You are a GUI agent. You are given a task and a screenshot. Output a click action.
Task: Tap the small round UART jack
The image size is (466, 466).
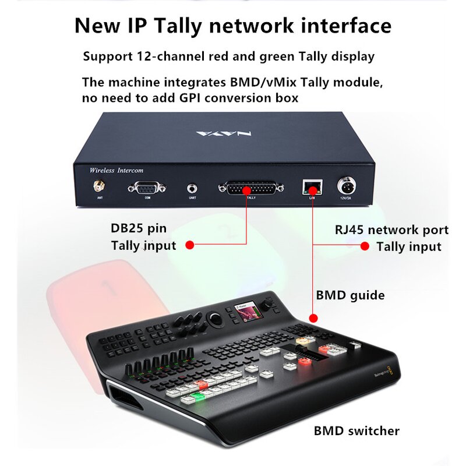pyautogui.click(x=192, y=189)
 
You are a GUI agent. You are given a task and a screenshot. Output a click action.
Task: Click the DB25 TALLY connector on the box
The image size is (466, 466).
pyautogui.click(x=250, y=189)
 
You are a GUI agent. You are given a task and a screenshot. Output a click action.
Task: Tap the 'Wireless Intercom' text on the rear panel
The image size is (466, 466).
pyautogui.click(x=116, y=170)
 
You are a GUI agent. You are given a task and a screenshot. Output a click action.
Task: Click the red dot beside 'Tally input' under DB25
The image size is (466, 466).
pyautogui.click(x=189, y=245)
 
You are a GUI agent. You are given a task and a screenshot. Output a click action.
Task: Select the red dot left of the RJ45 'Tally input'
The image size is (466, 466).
pyautogui.click(x=365, y=246)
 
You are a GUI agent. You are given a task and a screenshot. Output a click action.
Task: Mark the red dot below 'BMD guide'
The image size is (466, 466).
pyautogui.click(x=314, y=318)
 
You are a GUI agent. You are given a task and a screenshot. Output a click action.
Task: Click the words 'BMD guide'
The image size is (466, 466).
pyautogui.click(x=350, y=295)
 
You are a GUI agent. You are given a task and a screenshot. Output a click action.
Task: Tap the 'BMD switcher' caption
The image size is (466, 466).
pyautogui.click(x=356, y=431)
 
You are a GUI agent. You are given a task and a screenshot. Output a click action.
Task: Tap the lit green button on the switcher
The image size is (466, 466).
pyautogui.click(x=197, y=398)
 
